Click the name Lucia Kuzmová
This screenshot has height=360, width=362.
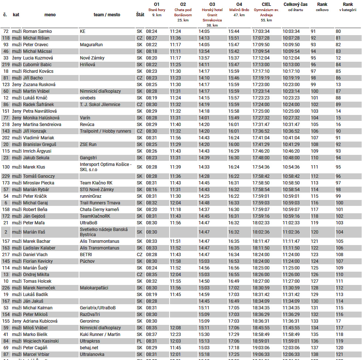[x=38, y=58]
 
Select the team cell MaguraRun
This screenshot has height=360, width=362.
[x=91, y=45]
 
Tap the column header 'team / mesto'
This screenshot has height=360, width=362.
[x=107, y=15]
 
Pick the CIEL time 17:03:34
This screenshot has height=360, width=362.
[x=261, y=31]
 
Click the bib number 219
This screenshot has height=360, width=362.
[x=6, y=65]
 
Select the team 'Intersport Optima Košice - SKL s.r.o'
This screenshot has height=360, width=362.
[x=105, y=167]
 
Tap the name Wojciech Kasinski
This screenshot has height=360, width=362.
[x=41, y=341]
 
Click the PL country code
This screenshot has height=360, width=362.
[x=139, y=341]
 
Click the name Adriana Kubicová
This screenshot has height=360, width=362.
[x=40, y=321]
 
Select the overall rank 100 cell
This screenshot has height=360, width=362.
[x=314, y=91]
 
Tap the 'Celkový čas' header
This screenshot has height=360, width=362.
[x=295, y=4]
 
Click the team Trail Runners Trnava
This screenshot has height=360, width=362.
[x=100, y=203]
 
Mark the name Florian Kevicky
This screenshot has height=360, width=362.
[x=38, y=261]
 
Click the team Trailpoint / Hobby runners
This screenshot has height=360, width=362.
[x=105, y=131]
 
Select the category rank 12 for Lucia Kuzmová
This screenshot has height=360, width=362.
[x=338, y=58]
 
